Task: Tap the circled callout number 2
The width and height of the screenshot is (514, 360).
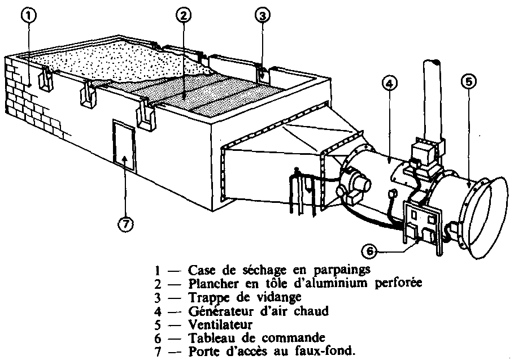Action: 181,16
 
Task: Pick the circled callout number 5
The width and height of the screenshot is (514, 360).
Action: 468,82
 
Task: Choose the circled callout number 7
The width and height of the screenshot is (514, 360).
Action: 125,224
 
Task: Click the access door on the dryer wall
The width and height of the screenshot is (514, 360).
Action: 124,146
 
